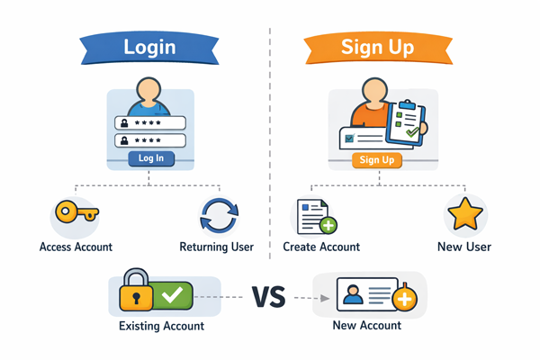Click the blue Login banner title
coord(149,46)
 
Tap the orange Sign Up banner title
coord(377,46)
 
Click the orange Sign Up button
coord(377,160)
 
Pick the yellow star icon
coord(465,216)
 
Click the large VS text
coord(267,296)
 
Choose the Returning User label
coord(216,247)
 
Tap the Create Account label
coord(321,247)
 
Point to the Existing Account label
coord(162,326)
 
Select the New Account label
coord(367,326)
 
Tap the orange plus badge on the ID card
coord(405,301)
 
